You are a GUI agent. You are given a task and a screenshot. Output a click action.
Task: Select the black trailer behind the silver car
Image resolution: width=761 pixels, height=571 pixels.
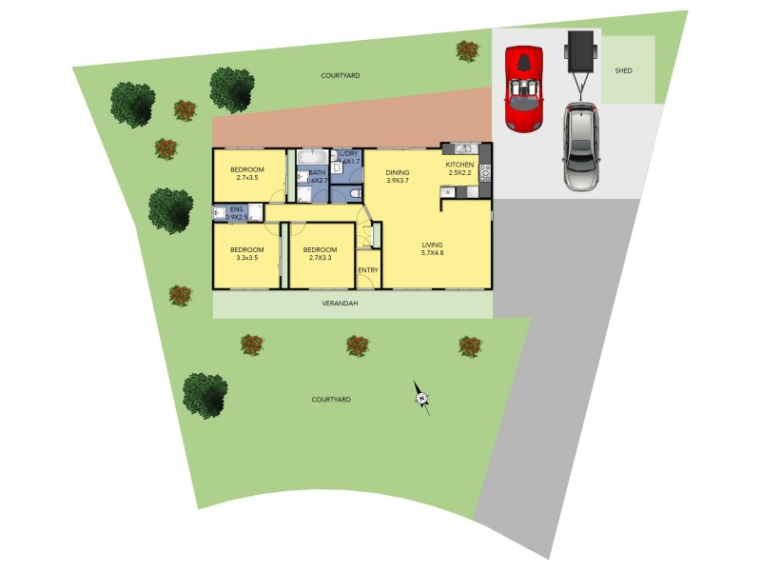[578, 51]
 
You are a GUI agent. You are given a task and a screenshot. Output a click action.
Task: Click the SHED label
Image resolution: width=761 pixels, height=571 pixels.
[623, 70]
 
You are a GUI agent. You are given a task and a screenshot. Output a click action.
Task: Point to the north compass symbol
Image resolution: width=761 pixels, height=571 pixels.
[421, 397]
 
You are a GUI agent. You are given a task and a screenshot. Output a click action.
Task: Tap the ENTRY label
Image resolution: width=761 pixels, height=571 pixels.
[368, 270]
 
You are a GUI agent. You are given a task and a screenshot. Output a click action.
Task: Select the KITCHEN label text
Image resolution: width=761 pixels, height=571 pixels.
[460, 165]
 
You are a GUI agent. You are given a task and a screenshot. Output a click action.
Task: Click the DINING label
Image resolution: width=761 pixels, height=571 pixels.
[398, 173]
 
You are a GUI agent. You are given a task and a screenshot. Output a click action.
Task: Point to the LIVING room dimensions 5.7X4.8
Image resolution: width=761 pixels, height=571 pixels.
[434, 253]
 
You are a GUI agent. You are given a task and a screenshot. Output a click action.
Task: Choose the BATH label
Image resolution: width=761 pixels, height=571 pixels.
[317, 172]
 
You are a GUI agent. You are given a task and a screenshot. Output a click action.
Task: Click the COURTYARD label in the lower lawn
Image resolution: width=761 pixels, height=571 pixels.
[332, 400]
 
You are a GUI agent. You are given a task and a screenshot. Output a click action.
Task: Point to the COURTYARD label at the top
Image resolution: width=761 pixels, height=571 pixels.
[341, 75]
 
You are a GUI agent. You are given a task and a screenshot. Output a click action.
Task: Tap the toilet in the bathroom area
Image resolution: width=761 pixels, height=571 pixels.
[353, 194]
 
